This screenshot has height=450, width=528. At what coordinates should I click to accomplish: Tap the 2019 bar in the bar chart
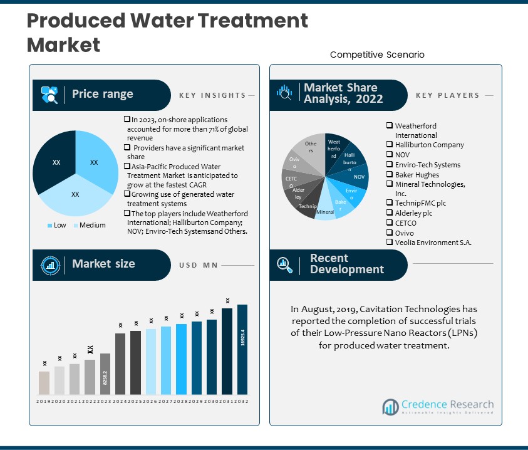[x=44, y=383]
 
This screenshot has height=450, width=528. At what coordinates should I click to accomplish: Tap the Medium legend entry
[x=91, y=225]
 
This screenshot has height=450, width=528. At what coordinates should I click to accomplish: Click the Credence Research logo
[x=438, y=407]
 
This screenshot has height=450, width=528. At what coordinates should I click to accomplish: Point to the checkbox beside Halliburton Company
[x=390, y=145]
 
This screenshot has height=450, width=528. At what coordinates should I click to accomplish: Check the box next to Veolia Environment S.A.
[x=390, y=243]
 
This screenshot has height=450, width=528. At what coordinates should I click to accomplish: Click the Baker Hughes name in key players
[x=417, y=174]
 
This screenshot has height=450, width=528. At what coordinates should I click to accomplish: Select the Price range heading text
[x=102, y=94]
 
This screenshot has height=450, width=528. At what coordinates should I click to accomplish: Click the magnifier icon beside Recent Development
[x=284, y=263]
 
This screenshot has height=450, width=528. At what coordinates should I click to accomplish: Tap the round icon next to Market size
[x=49, y=264]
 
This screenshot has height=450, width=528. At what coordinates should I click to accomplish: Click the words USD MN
[x=199, y=265]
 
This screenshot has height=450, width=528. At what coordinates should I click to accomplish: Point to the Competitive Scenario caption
[x=377, y=55]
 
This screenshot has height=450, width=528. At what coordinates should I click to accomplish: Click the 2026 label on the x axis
[x=151, y=401]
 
